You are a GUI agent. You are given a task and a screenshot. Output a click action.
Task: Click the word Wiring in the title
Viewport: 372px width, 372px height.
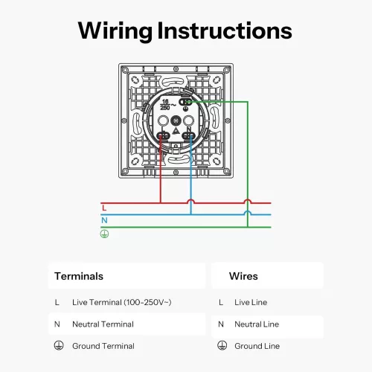(x=115, y=31)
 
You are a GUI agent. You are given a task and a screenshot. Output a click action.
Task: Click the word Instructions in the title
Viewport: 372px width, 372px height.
(x=225, y=31)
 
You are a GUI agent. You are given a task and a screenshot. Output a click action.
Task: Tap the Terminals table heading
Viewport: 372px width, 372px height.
(x=79, y=276)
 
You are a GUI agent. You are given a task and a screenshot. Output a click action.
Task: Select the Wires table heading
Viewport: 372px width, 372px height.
(x=243, y=276)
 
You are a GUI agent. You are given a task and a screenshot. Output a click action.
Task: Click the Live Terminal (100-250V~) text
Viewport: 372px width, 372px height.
(x=122, y=302)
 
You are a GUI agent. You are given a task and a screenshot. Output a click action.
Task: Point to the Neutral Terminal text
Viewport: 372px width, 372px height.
(x=103, y=324)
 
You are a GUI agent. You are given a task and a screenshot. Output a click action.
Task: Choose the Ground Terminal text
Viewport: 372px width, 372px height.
(x=103, y=346)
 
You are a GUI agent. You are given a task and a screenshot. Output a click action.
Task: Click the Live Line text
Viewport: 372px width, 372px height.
(x=251, y=302)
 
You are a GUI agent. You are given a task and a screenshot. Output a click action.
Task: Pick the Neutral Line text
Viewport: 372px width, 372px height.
(x=257, y=324)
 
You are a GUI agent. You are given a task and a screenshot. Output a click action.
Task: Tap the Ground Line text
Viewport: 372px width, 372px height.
(x=257, y=346)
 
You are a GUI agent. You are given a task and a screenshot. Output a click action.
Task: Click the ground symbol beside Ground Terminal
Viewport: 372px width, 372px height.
(x=59, y=345)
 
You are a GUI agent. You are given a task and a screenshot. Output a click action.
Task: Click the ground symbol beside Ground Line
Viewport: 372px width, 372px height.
(x=222, y=345)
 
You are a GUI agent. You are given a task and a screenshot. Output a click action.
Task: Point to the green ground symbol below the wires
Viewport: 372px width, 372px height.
(x=104, y=234)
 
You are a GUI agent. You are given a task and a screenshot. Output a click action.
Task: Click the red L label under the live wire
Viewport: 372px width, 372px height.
(x=104, y=208)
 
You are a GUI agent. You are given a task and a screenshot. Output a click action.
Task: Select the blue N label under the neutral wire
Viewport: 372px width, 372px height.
(x=104, y=220)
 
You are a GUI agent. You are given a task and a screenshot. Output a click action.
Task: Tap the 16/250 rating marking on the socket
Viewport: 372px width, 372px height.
(x=165, y=105)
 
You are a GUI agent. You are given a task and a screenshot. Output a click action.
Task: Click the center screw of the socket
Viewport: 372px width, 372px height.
(x=176, y=121)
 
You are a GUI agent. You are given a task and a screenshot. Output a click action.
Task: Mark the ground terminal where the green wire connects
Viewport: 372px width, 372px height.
(x=185, y=102)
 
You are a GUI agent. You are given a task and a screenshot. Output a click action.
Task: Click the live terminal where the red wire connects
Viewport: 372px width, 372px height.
(x=163, y=135)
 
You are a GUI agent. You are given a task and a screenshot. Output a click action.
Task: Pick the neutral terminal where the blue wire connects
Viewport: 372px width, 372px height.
(x=188, y=135)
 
